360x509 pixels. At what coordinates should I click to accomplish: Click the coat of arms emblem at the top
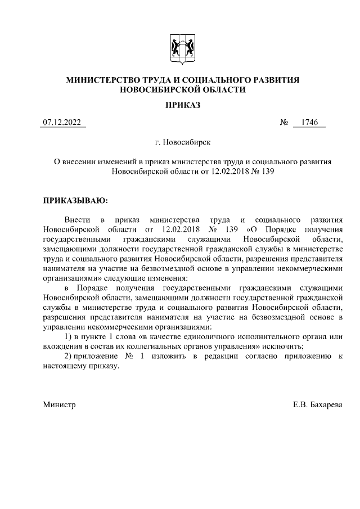(x=179, y=48)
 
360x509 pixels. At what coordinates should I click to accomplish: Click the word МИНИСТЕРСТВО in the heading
(x=105, y=80)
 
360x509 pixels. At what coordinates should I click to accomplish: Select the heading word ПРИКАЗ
(x=179, y=105)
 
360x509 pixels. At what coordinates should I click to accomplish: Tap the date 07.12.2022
(x=62, y=123)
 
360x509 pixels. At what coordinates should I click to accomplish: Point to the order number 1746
(x=309, y=123)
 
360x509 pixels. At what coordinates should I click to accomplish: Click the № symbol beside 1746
(x=283, y=123)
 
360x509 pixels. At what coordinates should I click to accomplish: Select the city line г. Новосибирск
(x=179, y=143)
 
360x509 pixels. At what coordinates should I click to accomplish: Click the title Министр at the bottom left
(x=59, y=404)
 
